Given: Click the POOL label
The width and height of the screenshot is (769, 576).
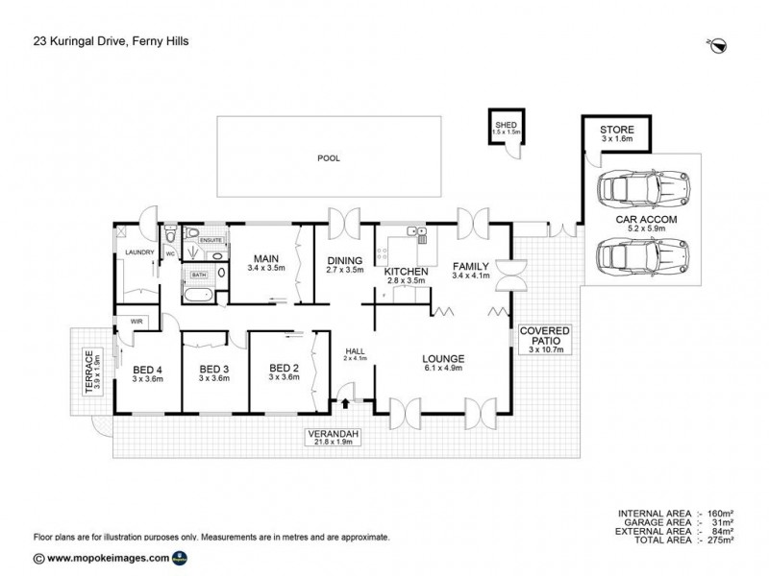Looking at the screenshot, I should pyautogui.click(x=330, y=158).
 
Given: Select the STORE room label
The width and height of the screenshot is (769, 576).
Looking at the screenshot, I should pyautogui.click(x=616, y=130).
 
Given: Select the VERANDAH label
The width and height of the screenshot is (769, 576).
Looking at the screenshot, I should pyautogui.click(x=334, y=434).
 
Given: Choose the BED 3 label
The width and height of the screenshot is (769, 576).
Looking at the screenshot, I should pyautogui.click(x=213, y=369).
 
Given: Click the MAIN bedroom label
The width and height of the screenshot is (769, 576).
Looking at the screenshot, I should pyautogui.click(x=265, y=259).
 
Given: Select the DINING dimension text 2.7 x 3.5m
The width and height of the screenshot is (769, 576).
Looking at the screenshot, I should pyautogui.click(x=344, y=270).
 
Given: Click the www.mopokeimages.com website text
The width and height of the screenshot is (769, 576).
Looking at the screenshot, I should pyautogui.click(x=108, y=558).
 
